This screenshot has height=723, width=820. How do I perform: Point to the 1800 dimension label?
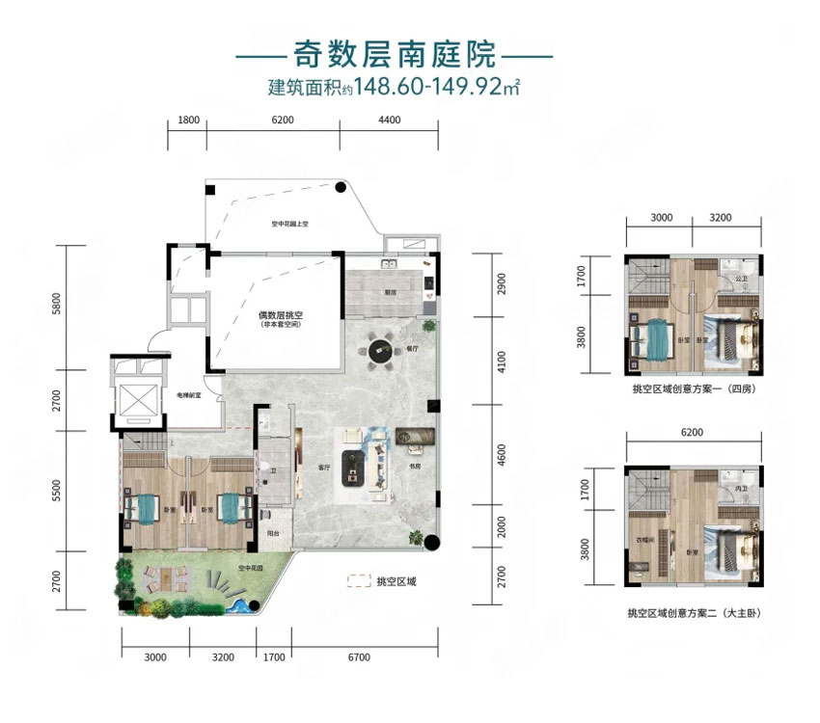[188, 120]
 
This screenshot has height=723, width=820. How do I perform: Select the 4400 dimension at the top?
[389, 120]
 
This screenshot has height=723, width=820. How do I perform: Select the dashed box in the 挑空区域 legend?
[359, 581]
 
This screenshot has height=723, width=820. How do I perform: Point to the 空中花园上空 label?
[288, 225]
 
